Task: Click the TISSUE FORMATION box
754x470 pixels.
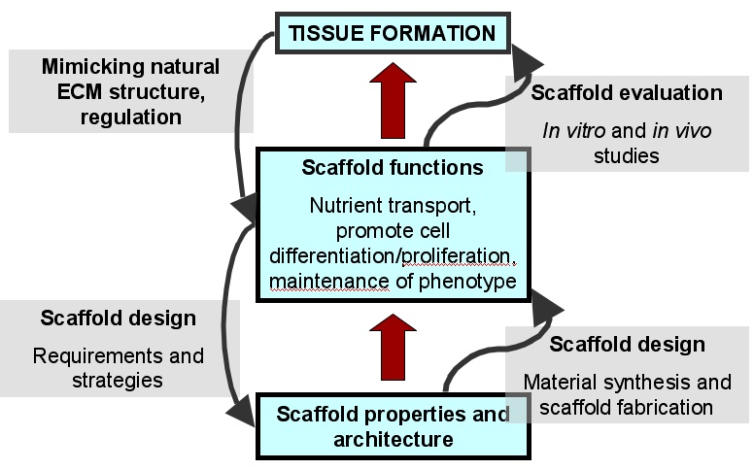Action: pyautogui.click(x=393, y=33)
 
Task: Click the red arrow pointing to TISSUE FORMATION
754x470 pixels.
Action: pyautogui.click(x=393, y=101)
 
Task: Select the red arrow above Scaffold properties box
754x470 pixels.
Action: pyautogui.click(x=393, y=348)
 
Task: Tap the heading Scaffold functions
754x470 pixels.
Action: pyautogui.click(x=393, y=168)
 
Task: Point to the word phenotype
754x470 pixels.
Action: pyautogui.click(x=468, y=282)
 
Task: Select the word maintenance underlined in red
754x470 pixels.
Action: pyautogui.click(x=329, y=282)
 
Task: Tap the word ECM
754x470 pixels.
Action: pyautogui.click(x=80, y=92)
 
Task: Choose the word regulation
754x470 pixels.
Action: pyautogui.click(x=131, y=117)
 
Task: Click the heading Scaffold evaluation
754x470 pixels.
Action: pyautogui.click(x=627, y=93)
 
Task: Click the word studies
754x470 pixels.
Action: pyautogui.click(x=626, y=155)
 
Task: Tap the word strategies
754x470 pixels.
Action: pyautogui.click(x=118, y=381)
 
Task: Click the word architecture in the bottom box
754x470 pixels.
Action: pyautogui.click(x=394, y=439)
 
